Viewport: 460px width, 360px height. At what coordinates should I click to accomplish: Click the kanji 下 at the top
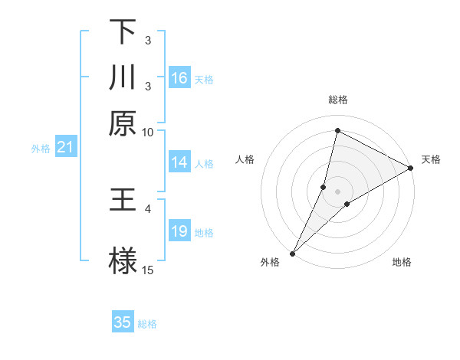(x=123, y=32)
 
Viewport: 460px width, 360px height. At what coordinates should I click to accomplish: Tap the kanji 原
(x=123, y=123)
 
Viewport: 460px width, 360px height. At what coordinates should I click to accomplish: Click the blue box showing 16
(x=179, y=78)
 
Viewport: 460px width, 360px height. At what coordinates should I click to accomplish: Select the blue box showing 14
(x=179, y=162)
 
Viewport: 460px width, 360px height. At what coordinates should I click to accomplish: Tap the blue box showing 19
(x=179, y=231)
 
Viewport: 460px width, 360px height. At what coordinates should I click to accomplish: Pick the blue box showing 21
(x=65, y=147)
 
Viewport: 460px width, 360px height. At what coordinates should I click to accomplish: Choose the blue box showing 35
(x=123, y=322)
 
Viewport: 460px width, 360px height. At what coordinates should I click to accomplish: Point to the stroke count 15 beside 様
(x=147, y=270)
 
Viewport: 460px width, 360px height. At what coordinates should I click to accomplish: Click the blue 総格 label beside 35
(x=147, y=324)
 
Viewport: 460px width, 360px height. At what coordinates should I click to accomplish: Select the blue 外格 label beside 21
(x=41, y=149)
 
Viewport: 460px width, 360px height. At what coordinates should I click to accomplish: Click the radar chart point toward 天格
(x=411, y=169)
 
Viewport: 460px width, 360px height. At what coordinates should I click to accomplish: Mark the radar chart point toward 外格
(x=293, y=253)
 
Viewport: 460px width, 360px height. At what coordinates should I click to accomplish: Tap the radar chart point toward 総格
(x=337, y=130)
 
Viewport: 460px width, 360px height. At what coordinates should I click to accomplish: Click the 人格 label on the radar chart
(x=245, y=159)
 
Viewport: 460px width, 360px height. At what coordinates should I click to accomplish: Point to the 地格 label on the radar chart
(x=402, y=262)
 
